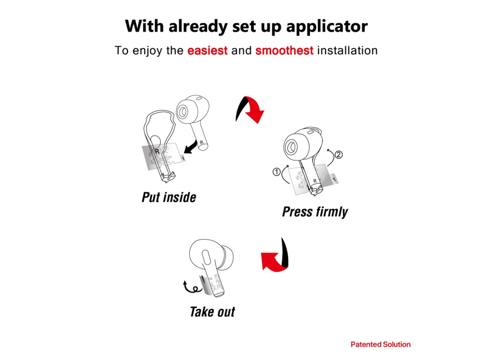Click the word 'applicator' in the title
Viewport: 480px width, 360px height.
pos(327,27)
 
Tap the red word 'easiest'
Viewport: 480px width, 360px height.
pos(207,51)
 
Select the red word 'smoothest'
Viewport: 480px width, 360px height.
pos(285,51)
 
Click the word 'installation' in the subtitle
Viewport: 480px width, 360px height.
pos(347,51)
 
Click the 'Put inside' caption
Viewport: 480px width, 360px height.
pos(169,197)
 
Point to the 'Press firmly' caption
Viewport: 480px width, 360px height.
pos(315,212)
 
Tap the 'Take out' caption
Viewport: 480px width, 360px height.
pos(212,312)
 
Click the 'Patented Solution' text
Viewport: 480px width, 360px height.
pos(381,345)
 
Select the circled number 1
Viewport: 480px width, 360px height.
pos(277,172)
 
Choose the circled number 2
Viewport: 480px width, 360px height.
pos(338,155)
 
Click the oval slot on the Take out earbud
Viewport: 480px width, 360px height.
pos(206,257)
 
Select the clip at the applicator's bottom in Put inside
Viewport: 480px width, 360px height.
pos(167,177)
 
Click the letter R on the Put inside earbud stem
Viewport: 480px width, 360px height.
pos(202,142)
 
